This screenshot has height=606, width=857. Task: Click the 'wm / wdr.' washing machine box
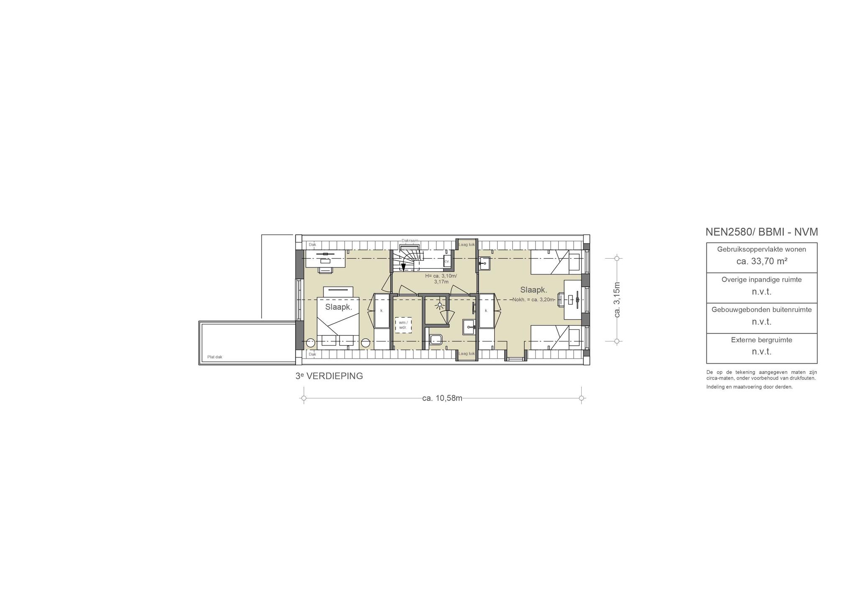403,325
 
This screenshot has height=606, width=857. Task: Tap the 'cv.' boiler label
446,261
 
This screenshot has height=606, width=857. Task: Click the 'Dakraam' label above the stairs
410,241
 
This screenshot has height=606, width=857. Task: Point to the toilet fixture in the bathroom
435,339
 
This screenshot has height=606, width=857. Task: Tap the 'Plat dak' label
215,357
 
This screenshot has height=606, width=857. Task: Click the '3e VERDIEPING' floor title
329,376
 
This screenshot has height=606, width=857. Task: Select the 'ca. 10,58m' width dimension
442,398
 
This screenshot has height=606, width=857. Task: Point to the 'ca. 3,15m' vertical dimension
617,300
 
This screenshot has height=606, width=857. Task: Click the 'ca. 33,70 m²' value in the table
762,261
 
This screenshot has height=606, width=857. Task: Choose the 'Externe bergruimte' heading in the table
762,340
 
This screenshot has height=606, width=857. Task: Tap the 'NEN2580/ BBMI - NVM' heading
762,232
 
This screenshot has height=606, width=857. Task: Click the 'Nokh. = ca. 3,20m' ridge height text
534,299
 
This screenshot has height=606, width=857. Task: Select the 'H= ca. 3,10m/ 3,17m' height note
441,279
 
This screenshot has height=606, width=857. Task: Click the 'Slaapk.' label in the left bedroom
339,307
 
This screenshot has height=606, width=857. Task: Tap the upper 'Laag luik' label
467,244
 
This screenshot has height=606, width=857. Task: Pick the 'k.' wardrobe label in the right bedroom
486,311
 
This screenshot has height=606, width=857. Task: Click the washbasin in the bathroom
469,327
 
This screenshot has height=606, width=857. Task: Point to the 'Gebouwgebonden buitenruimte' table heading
762,310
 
